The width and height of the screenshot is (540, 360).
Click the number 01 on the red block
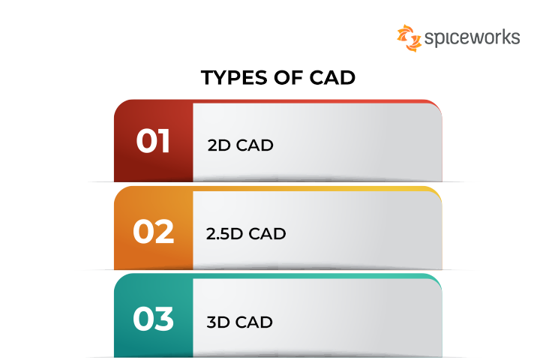(153, 142)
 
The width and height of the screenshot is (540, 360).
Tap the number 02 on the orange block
(153, 232)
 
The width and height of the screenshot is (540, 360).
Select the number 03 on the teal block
(153, 320)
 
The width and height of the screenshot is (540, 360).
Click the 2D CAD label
(240, 145)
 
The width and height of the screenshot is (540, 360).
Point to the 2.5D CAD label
(246, 234)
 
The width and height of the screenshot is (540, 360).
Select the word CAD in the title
(331, 78)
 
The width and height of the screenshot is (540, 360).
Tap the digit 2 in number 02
(164, 232)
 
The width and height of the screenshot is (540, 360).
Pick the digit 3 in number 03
(164, 320)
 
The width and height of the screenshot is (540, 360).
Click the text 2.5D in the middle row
(224, 234)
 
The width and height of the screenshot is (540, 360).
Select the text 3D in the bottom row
(218, 323)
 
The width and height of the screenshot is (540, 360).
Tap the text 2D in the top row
(218, 145)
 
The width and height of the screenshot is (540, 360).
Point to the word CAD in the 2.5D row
(267, 234)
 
